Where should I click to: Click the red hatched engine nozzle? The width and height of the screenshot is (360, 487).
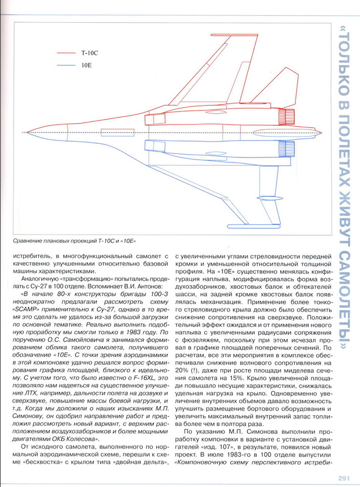pyautogui.click(x=289, y=118)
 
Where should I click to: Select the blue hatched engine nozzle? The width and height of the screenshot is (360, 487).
pyautogui.click(x=289, y=149)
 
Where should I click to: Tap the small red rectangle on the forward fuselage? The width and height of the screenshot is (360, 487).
pyautogui.click(x=109, y=133)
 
